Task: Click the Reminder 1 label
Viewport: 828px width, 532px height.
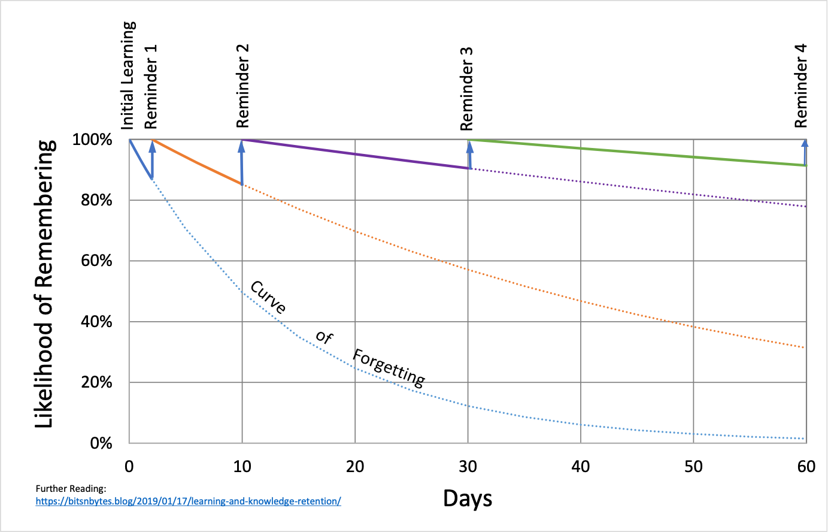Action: click(x=150, y=86)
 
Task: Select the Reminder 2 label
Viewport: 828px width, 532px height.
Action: click(x=242, y=86)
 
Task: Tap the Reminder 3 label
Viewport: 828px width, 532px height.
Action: click(x=466, y=89)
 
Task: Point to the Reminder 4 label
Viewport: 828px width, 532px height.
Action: click(x=800, y=86)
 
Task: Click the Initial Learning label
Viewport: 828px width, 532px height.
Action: click(x=129, y=75)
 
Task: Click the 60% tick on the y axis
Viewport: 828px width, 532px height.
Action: click(x=96, y=261)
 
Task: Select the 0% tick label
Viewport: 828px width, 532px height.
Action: click(x=101, y=443)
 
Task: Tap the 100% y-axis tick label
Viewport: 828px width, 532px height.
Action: click(x=92, y=140)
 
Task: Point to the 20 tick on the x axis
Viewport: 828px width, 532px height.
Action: click(x=355, y=467)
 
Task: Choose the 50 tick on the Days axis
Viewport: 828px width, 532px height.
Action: click(x=693, y=467)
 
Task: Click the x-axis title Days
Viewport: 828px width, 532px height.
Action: click(x=468, y=498)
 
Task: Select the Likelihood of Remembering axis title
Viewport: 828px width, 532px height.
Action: click(x=45, y=284)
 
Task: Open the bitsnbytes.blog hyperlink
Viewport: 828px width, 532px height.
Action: click(x=188, y=501)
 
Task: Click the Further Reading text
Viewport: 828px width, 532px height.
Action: click(x=71, y=489)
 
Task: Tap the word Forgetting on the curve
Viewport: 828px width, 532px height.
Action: click(x=389, y=367)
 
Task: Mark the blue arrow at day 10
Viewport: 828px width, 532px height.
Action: click(x=242, y=162)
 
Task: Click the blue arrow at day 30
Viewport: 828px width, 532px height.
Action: click(x=469, y=154)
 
